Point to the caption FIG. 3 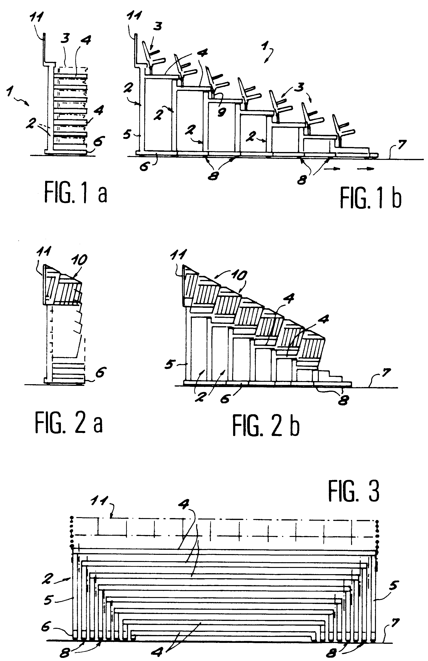pyautogui.click(x=353, y=491)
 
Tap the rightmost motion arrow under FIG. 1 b pyautogui.click(x=366, y=168)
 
